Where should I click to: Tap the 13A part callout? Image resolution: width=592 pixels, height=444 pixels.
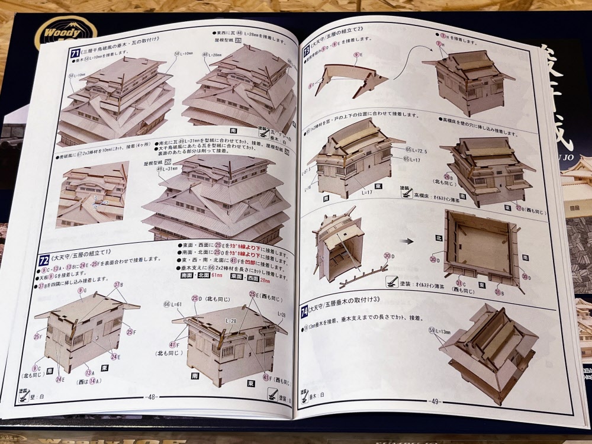tap(89, 373)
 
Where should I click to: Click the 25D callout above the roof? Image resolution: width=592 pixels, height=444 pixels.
tap(197, 298)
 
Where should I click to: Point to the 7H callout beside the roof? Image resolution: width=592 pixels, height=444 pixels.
tap(440, 45)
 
